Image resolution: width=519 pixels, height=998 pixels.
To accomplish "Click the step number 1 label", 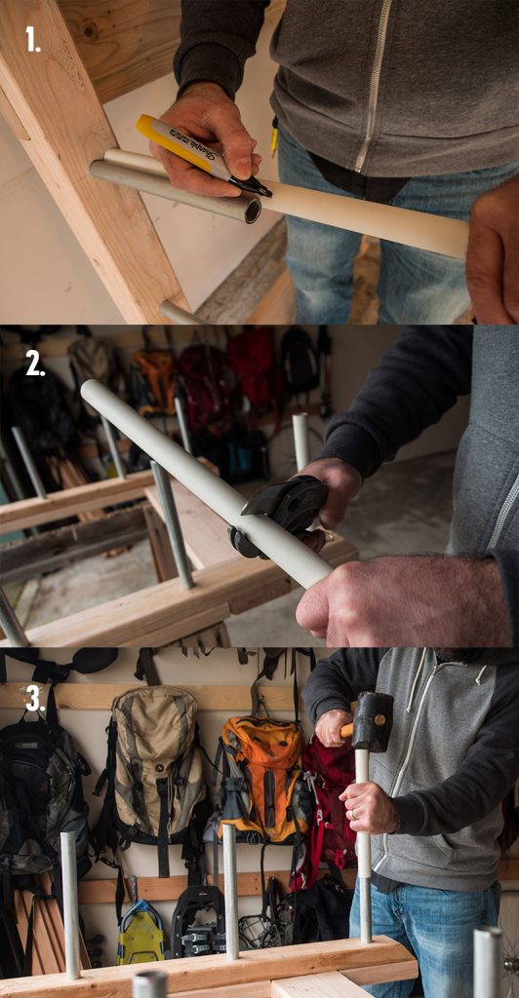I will coord(33,39).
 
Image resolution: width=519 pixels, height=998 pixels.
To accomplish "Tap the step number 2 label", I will coord(35,363).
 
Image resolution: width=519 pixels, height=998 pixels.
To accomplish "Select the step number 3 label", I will coord(35,698).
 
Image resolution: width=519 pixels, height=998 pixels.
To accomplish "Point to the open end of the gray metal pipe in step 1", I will coord(252,210).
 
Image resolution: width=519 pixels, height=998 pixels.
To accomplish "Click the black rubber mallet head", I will coord(373,721).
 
